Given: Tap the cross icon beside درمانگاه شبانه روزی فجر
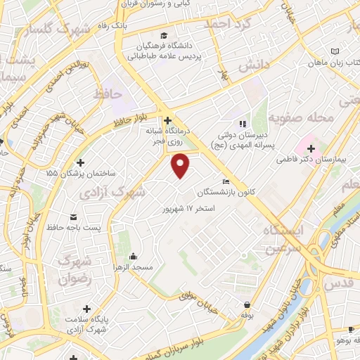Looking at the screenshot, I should click(167, 120).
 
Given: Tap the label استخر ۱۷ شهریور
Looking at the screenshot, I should click(188, 209).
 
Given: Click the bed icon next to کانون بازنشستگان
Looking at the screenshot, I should click(224, 180).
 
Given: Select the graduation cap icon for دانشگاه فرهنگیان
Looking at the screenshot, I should click(163, 36).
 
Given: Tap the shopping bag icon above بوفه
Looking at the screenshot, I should click(247, 304).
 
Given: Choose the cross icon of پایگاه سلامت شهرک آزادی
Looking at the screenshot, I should click(86, 308).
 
